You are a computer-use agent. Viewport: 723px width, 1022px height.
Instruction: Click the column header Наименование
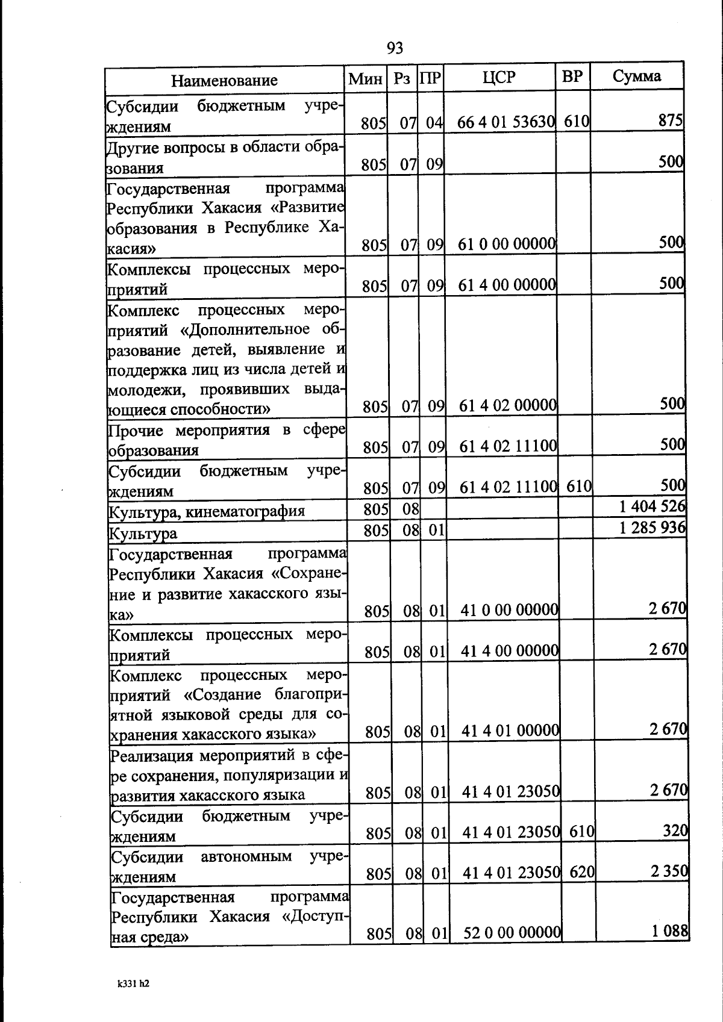click(224, 80)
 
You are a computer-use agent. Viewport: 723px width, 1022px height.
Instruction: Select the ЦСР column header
click(499, 77)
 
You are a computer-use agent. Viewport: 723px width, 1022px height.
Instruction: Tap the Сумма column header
click(637, 76)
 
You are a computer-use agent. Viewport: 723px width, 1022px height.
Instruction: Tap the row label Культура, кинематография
click(207, 512)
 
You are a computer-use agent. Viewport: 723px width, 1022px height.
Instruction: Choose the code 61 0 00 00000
click(507, 244)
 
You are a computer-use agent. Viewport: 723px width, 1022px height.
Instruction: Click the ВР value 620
click(582, 871)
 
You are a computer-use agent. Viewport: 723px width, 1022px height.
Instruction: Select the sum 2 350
click(669, 871)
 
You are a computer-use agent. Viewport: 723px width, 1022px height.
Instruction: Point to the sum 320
click(675, 831)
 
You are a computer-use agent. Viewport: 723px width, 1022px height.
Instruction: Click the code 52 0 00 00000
click(512, 933)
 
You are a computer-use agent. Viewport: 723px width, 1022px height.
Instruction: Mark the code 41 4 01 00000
click(510, 731)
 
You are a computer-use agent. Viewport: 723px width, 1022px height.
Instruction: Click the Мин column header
click(366, 78)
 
